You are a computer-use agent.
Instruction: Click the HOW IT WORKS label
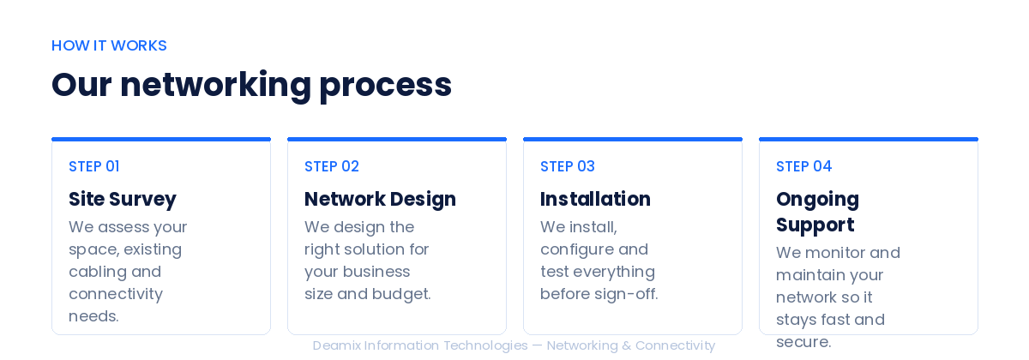click(x=109, y=45)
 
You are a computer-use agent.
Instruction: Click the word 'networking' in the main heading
click(x=215, y=86)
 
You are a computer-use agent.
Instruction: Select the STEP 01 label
click(x=94, y=166)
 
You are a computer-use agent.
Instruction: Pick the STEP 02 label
click(x=332, y=166)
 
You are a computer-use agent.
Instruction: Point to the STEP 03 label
click(x=568, y=166)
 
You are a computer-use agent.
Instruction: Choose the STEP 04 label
click(x=804, y=166)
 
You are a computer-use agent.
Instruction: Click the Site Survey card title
click(x=123, y=200)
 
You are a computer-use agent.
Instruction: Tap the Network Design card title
click(x=381, y=200)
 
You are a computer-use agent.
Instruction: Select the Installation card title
click(x=595, y=199)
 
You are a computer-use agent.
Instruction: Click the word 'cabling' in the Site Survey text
click(x=98, y=272)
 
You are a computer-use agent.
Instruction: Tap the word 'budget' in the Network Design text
click(x=401, y=294)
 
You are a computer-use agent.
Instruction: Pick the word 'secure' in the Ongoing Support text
click(x=803, y=343)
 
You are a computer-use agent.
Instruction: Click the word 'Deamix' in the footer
click(x=337, y=345)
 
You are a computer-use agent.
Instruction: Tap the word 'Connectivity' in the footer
click(x=676, y=345)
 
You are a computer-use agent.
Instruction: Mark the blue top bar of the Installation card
click(x=633, y=139)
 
